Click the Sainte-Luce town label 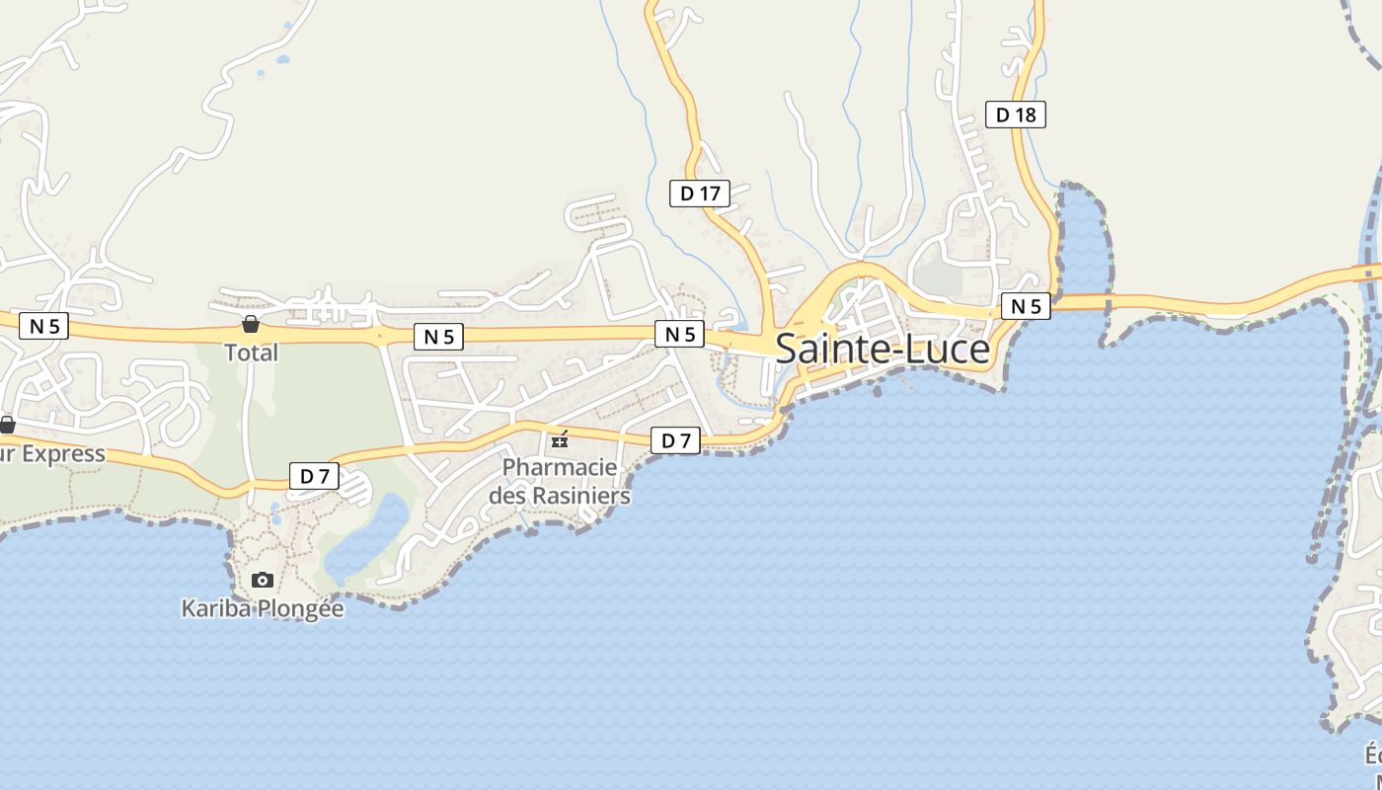tap(883, 350)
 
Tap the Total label tap(251, 353)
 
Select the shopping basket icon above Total tap(251, 324)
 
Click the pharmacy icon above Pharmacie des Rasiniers tap(560, 439)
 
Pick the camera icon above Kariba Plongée tap(262, 580)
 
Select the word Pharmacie tap(560, 467)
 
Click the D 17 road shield tap(700, 194)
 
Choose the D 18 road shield tap(1015, 115)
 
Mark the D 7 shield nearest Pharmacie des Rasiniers tap(675, 440)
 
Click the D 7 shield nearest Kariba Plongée tap(314, 476)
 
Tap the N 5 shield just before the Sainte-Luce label tap(680, 334)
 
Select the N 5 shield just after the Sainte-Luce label tap(1026, 306)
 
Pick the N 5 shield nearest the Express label tap(43, 326)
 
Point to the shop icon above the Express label tap(7, 426)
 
